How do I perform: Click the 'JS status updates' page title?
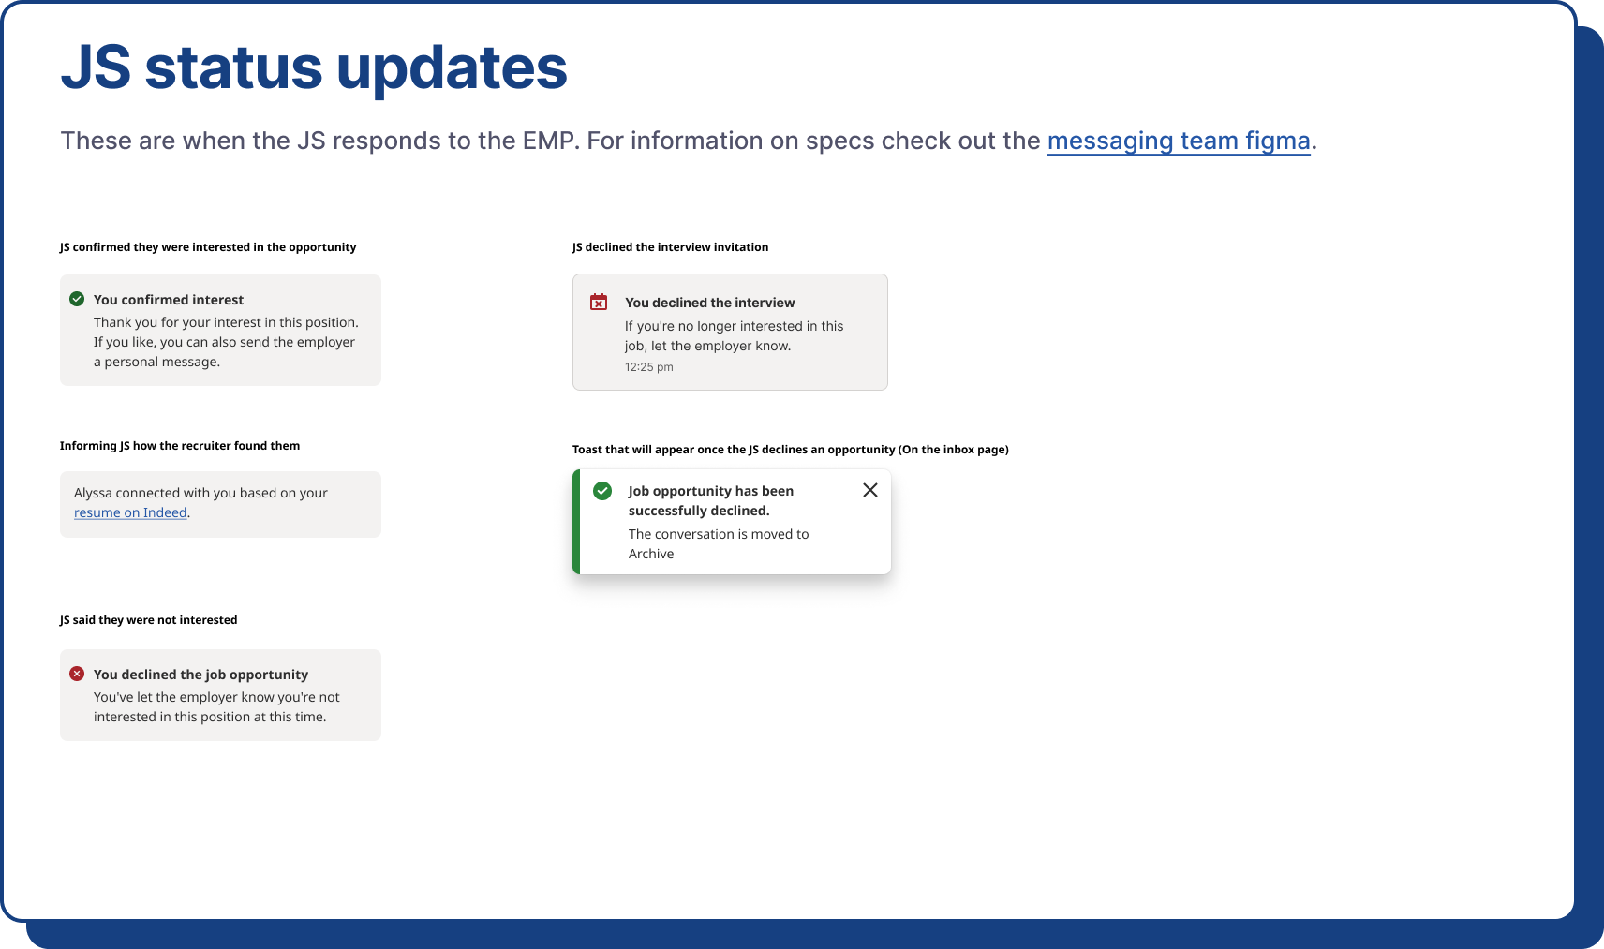314,68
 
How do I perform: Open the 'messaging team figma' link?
1179,141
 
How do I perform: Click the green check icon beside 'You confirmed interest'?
77,299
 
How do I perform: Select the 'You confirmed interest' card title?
169,300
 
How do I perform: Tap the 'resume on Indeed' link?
130,512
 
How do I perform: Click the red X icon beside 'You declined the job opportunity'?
77,674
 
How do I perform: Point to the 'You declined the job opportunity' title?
200,674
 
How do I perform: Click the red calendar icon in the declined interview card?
599,302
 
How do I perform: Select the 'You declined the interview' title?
709,303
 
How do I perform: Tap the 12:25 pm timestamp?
648,366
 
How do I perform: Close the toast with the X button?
870,490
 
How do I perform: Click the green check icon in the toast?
602,491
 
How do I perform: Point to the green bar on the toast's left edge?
575,522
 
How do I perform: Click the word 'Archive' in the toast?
651,554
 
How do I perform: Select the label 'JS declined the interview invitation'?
670,247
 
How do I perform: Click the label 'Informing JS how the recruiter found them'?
180,446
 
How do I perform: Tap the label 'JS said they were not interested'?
148,619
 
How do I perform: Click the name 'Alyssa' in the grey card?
93,493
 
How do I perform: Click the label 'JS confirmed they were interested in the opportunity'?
208,247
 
